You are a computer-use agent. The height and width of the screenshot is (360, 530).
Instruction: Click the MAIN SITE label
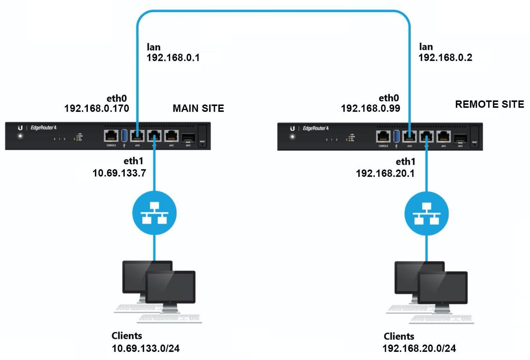[198, 108]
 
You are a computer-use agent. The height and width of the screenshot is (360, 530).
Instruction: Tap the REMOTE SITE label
[489, 104]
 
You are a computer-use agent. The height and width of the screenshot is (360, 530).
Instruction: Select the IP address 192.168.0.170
[97, 108]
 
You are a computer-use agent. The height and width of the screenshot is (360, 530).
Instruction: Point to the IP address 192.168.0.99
[370, 108]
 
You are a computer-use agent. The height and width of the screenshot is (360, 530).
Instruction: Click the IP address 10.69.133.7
[119, 173]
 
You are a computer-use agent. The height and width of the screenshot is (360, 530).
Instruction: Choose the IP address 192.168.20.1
[385, 173]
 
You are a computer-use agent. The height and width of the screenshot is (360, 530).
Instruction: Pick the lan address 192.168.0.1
[173, 58]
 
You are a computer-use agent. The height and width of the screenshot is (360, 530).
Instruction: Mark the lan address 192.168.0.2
[445, 57]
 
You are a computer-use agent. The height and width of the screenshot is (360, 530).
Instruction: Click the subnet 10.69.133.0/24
[146, 348]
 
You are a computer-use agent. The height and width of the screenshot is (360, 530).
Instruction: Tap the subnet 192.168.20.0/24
[419, 348]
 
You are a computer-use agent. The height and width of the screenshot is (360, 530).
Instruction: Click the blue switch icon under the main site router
[154, 213]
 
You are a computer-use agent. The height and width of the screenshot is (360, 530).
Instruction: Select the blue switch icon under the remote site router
[427, 213]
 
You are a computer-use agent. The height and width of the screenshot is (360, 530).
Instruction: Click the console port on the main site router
[111, 136]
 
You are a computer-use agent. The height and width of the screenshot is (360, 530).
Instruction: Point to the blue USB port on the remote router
[397, 136]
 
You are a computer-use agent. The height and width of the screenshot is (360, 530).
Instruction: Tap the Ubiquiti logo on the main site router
[20, 128]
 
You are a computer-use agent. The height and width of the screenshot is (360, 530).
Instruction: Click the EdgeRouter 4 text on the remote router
[316, 128]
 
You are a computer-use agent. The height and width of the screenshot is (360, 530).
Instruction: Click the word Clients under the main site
[127, 336]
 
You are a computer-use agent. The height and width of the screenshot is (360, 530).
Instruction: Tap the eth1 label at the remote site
[405, 162]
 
